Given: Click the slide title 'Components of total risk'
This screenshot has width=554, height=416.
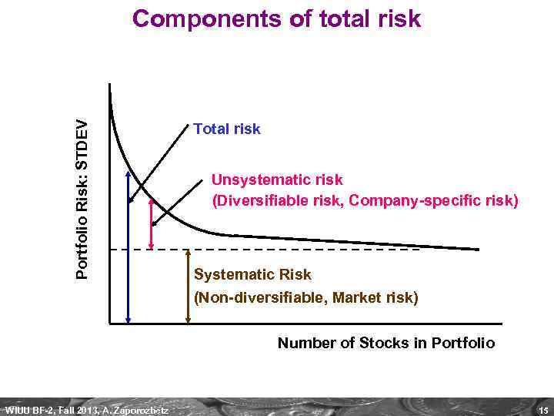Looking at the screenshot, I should [276, 18].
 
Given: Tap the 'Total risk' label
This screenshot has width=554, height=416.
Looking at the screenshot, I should [227, 129].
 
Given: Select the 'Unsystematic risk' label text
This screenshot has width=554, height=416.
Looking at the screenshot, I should [277, 179].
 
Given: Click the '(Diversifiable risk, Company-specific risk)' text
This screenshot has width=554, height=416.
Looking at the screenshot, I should [365, 202].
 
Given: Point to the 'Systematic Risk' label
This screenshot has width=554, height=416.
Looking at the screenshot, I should [252, 274].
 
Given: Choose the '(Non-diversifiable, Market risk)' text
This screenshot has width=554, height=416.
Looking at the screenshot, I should [306, 297].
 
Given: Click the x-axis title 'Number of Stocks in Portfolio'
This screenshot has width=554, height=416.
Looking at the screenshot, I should [385, 342].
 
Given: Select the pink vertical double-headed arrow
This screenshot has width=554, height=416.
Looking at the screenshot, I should [152, 223].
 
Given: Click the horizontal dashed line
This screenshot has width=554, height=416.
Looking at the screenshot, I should [308, 250].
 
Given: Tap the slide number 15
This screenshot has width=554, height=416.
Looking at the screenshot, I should [543, 409].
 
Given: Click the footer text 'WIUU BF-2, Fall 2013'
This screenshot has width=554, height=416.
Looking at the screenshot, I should [50, 409].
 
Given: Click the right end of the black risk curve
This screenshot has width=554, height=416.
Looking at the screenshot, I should [477, 249].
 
